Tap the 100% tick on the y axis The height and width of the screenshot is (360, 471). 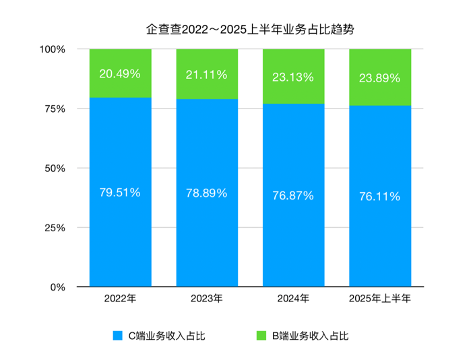pos(52,49)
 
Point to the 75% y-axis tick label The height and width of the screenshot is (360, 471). pos(54,109)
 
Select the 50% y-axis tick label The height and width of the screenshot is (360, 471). pos(54,168)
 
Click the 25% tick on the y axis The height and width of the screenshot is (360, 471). pos(54,227)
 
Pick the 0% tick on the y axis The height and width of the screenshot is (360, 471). pos(57,287)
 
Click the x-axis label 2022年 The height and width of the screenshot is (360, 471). pos(120,298)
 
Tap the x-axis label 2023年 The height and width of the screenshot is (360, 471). pos(206,298)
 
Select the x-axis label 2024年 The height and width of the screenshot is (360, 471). pos(293,298)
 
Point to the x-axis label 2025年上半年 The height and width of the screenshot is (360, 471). pos(379,298)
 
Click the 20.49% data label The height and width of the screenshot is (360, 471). pos(120,74)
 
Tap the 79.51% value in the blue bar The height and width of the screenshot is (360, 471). pos(120,193)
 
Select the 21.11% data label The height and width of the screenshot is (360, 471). pos(206,75)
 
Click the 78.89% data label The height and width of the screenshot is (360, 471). pos(206,193)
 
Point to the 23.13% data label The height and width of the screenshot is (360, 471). pos(293,78)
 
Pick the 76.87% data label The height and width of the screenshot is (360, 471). pos(293,196)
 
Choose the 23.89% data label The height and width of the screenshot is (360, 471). pos(379,78)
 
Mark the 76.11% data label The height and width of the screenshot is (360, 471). pos(379,197)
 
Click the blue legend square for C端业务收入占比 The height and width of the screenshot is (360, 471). pos(117,335)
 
